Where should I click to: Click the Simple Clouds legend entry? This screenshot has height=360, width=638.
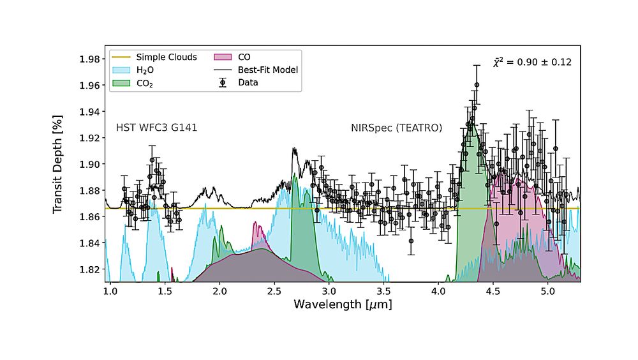click(x=162, y=56)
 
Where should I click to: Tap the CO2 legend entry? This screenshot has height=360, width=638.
click(x=144, y=82)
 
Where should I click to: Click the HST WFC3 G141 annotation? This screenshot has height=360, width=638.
click(x=156, y=128)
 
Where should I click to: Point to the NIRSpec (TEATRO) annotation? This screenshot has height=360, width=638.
click(x=396, y=128)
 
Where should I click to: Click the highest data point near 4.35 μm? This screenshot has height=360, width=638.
click(x=477, y=85)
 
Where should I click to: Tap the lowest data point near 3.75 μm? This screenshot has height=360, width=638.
click(x=412, y=241)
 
